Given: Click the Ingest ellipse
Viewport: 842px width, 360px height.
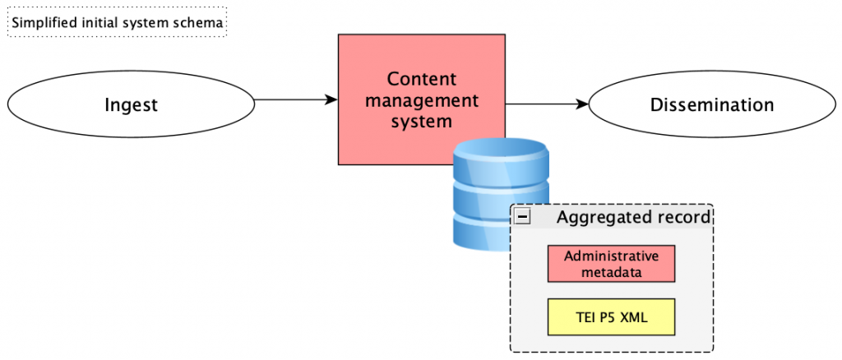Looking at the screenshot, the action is pos(131,104).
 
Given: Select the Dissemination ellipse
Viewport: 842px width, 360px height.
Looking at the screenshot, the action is pos(712,104).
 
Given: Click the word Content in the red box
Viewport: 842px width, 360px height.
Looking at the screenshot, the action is pos(422,80).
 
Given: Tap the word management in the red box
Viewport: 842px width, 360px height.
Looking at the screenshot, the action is pos(422,100).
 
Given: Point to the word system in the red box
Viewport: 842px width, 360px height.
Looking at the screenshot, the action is pos(422,122).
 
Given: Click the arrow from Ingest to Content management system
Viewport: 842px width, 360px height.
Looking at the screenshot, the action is pos(296,99).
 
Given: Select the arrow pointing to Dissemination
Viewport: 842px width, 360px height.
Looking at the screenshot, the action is pos(547,104).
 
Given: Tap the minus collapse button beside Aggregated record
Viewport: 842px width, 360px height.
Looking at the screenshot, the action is pos(522,216).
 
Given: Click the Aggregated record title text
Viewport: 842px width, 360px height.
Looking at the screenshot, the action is pos(634,217).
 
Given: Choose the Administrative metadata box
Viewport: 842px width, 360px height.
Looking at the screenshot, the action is pos(611,264).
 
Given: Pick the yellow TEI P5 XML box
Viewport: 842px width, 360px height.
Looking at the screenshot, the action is pos(611,317).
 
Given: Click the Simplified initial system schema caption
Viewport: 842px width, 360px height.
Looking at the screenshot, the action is pos(117,24).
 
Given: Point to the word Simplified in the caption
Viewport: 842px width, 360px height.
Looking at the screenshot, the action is pos(37,24).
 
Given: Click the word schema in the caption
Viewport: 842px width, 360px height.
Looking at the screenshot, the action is pos(201,24).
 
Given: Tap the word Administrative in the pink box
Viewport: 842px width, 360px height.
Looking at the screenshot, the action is pos(611,256).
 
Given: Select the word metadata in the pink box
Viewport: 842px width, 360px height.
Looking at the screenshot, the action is pos(611,271).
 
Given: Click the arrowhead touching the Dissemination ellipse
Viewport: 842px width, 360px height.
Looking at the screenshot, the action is pos(583,104).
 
